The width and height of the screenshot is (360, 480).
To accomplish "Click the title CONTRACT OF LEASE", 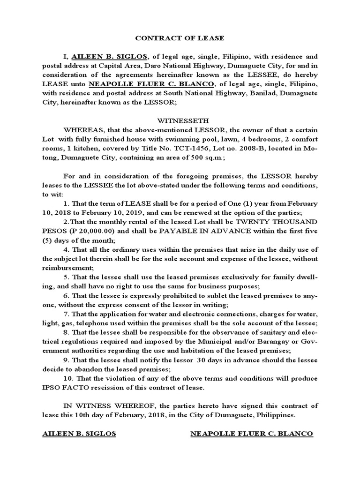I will [x=180, y=38].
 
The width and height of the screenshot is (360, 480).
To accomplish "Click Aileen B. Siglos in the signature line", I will [x=79, y=434].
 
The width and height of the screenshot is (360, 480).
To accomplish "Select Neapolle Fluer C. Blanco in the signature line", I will [x=251, y=434].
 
